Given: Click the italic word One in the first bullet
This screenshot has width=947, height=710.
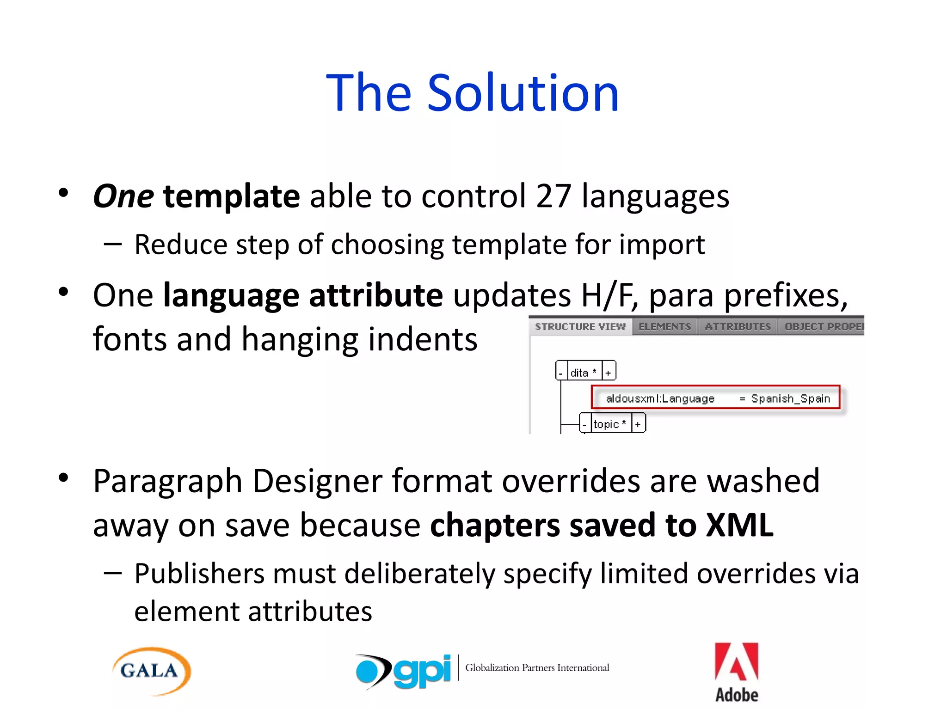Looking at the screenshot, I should [x=123, y=196].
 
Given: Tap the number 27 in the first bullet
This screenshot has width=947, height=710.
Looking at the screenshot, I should [x=553, y=196].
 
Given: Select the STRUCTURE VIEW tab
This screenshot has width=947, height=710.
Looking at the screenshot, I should [x=580, y=327].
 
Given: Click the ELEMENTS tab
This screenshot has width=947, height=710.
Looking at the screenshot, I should [x=664, y=327].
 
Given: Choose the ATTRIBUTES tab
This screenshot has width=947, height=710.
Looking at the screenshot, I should [x=738, y=327].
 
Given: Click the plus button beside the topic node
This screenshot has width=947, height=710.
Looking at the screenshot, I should [x=638, y=424].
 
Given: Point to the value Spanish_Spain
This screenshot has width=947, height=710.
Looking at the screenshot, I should [x=790, y=398].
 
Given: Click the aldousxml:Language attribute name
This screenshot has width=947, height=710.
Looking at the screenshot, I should [x=660, y=398].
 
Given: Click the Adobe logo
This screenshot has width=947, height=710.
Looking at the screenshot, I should [x=737, y=672].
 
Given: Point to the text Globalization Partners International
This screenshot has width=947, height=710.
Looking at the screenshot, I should [x=537, y=667].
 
